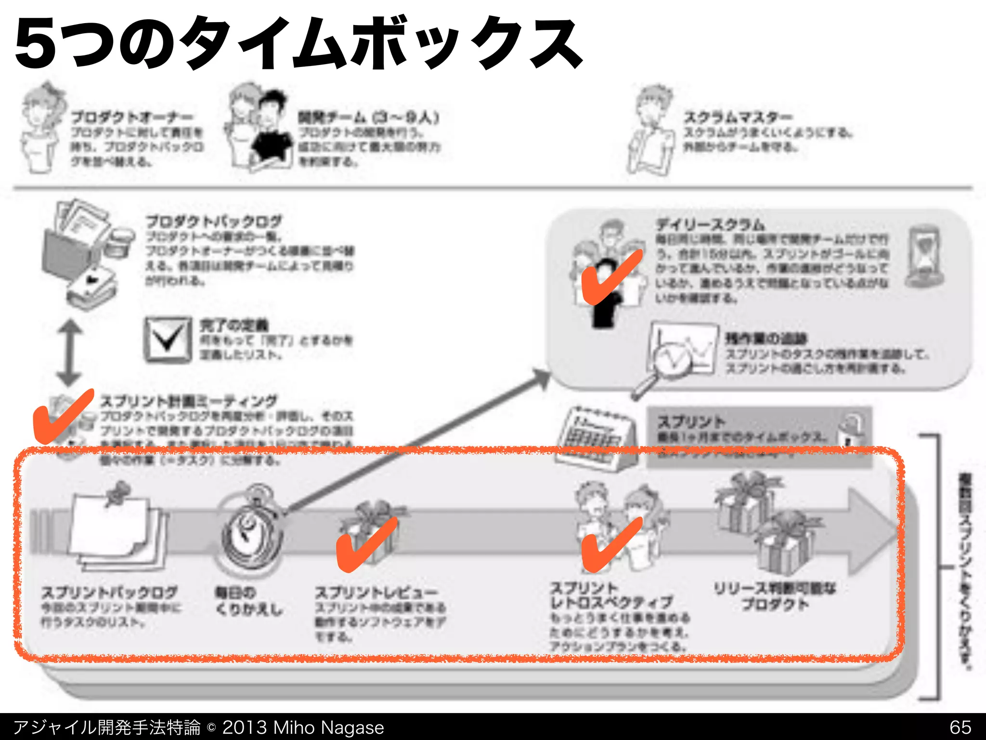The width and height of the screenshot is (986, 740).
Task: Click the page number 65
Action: pyautogui.click(x=960, y=727)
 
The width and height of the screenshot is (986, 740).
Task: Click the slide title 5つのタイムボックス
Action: pyautogui.click(x=298, y=43)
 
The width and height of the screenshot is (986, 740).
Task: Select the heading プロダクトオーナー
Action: pyautogui.click(x=132, y=117)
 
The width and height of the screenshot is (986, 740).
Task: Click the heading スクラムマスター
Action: pyautogui.click(x=737, y=117)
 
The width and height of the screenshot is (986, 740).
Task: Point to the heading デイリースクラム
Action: pyautogui.click(x=710, y=225)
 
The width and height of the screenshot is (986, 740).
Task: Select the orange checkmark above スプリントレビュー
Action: pyautogui.click(x=366, y=544)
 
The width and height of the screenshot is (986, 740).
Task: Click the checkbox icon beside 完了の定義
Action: pyautogui.click(x=167, y=340)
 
